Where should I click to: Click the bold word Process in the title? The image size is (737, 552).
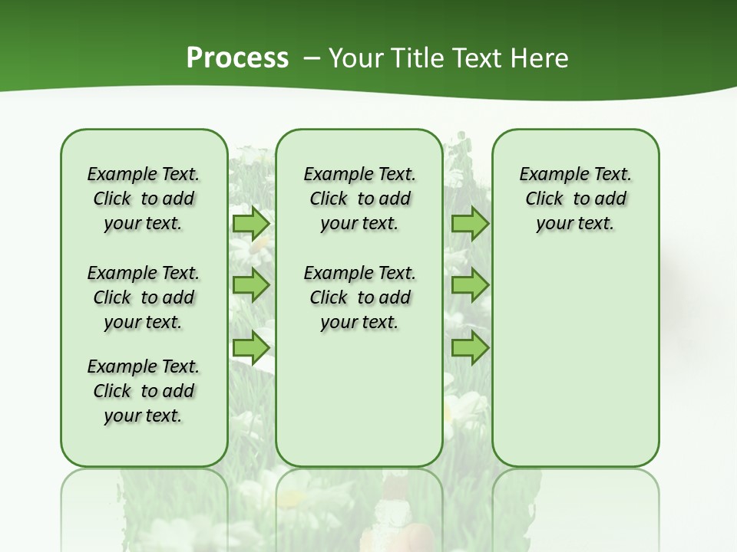[x=237, y=58]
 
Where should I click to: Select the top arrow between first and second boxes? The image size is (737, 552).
[x=251, y=223]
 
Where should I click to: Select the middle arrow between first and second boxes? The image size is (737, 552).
[x=251, y=285]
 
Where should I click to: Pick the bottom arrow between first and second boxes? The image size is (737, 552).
[x=251, y=348]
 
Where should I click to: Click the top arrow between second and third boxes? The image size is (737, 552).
[x=470, y=223]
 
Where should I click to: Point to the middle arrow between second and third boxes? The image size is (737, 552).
[x=470, y=285]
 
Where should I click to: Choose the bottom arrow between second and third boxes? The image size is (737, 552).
[x=470, y=348]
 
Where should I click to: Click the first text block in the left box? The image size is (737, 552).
[x=144, y=199]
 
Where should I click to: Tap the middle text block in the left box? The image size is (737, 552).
[x=144, y=297]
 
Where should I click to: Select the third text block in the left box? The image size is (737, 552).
[x=144, y=391]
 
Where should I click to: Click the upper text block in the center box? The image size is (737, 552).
[x=359, y=199]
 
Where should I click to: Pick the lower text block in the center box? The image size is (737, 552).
[x=359, y=297]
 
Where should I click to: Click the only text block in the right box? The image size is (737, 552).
[x=575, y=199]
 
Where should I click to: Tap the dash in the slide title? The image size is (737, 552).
[x=312, y=58]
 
